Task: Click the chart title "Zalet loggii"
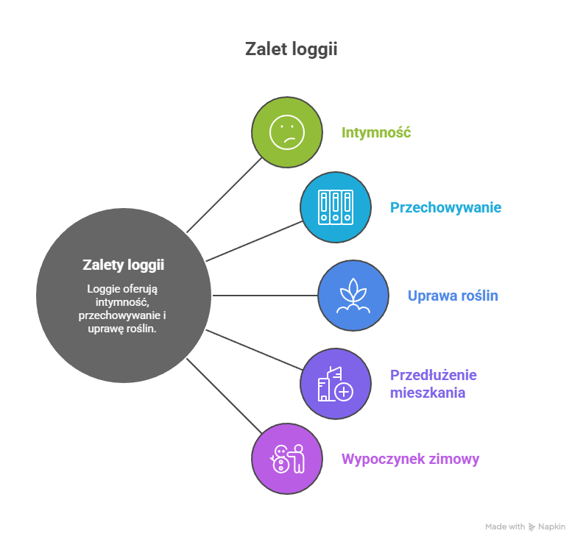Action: [291, 50]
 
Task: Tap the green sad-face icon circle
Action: [287, 132]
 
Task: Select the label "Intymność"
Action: [375, 133]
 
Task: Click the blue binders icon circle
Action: [335, 207]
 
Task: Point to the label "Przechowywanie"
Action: [445, 207]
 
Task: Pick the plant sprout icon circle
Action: [353, 296]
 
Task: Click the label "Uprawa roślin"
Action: [453, 296]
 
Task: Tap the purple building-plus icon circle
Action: [335, 384]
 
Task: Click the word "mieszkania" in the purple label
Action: [427, 393]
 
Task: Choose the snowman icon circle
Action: [287, 459]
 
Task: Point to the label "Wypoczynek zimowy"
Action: [410, 460]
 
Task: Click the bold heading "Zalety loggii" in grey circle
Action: [123, 265]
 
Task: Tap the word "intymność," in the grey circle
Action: [123, 302]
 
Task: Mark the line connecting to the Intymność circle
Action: [225, 195]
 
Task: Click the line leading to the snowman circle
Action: [225, 396]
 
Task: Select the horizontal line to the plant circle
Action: [265, 296]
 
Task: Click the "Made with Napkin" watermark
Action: [525, 526]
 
